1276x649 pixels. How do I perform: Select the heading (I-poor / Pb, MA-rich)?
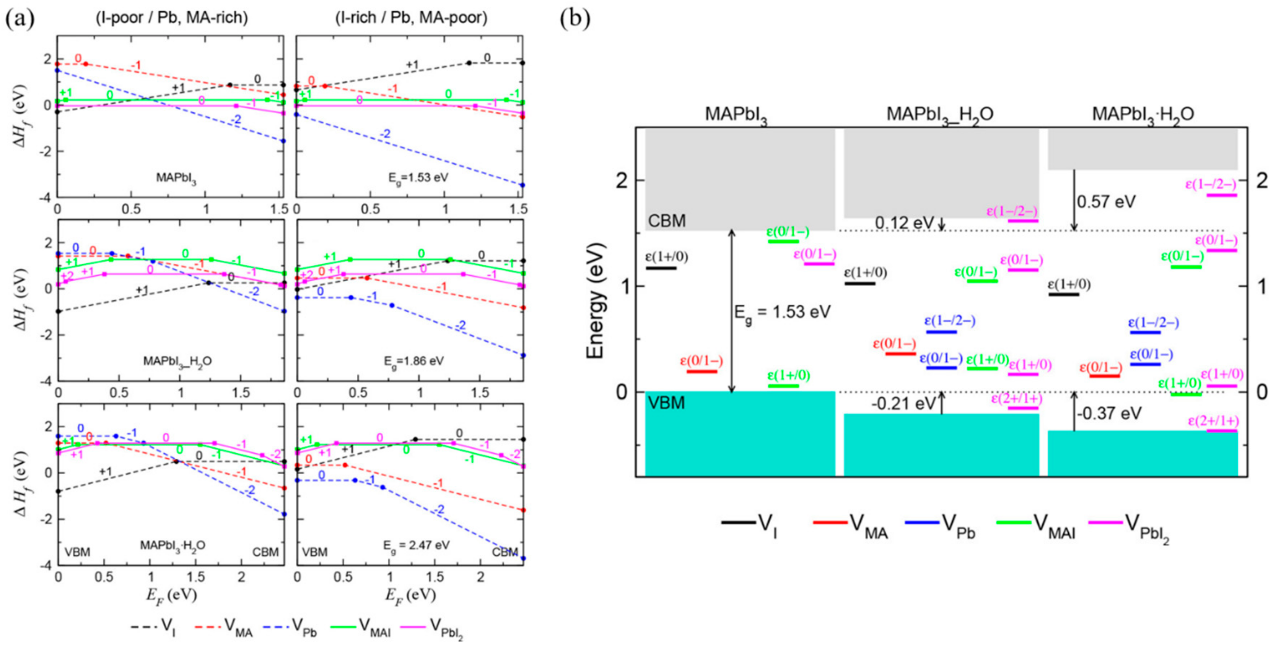point(171,18)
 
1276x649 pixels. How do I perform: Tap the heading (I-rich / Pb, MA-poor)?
point(411,18)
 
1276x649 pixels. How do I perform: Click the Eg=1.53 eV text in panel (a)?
point(418,178)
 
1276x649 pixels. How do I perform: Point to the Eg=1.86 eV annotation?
point(413,361)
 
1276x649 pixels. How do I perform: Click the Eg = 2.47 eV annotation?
point(416,545)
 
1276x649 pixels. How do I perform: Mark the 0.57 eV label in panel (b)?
point(1106,201)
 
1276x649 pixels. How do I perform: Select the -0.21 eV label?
point(903,404)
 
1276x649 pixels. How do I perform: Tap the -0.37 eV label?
point(1108,413)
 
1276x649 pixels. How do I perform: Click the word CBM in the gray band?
point(667,221)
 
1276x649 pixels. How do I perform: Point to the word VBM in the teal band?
point(666,403)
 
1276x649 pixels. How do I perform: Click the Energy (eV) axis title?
point(596,300)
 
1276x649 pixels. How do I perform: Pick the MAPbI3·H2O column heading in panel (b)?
point(1143,115)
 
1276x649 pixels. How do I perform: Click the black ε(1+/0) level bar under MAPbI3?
point(661,268)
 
